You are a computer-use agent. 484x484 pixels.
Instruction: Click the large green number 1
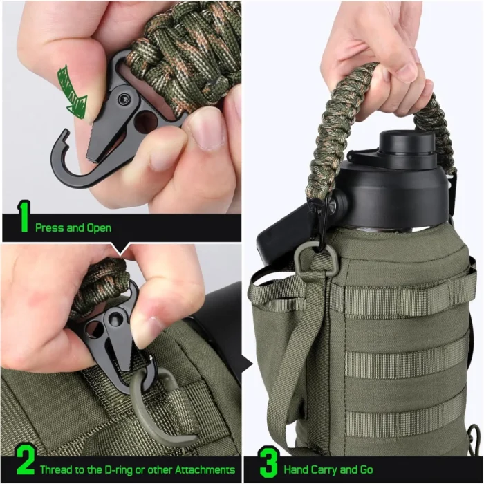pos(24,216)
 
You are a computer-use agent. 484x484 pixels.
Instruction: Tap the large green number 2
pos(26,460)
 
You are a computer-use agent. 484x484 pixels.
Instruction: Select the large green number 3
pos(270,461)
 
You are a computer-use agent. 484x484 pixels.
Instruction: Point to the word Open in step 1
pos(99,227)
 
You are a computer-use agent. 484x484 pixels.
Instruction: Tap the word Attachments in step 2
pos(205,469)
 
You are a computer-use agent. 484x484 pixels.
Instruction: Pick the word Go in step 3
pos(366,469)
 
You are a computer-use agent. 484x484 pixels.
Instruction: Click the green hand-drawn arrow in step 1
pos(72,92)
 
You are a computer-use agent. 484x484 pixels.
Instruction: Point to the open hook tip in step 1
pos(64,133)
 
